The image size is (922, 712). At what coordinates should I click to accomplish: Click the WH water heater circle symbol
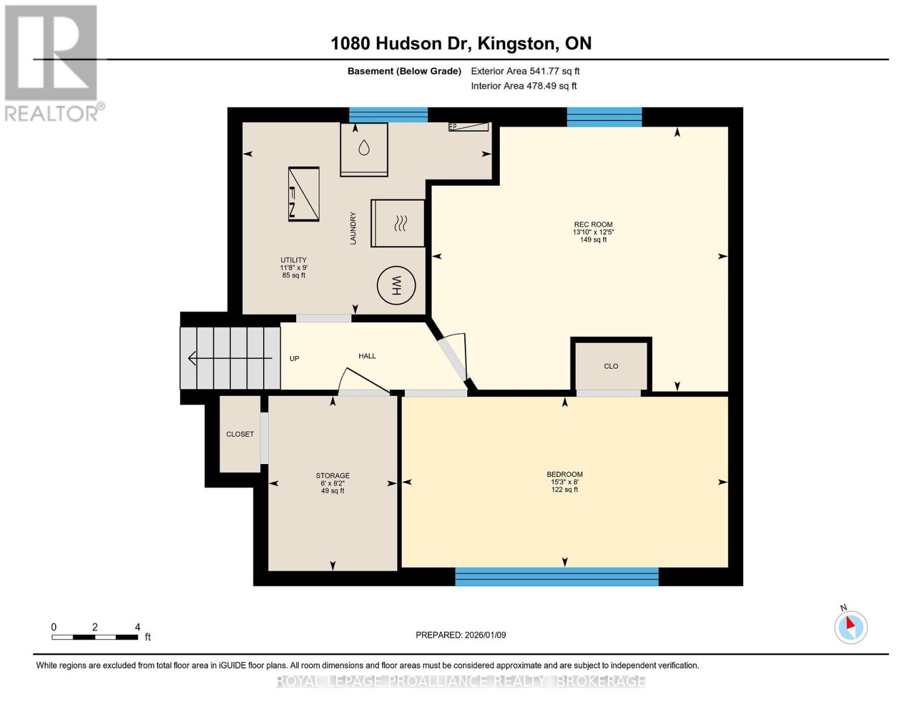[x=396, y=286]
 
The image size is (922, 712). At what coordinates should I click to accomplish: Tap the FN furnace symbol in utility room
[x=303, y=194]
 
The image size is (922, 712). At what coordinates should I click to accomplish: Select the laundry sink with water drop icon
[x=363, y=149]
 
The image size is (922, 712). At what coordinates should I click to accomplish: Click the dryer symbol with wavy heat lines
[x=398, y=223]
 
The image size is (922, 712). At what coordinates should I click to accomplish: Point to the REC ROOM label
[x=593, y=225]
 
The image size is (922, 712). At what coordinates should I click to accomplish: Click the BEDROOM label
[x=564, y=474]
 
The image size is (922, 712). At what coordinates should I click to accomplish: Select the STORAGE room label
[x=332, y=476]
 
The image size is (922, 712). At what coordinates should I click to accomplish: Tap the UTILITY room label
[x=293, y=260]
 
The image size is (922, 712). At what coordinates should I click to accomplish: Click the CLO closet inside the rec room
[x=611, y=366]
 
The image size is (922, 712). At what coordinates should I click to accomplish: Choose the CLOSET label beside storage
[x=240, y=434]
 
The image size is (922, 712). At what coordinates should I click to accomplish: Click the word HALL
[x=367, y=356]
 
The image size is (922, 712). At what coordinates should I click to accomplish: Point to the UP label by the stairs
[x=294, y=358]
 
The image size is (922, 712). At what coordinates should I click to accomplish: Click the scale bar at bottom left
[x=95, y=637]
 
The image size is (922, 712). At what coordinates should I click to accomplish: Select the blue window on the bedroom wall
[x=556, y=576]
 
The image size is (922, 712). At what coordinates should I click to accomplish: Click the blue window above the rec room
[x=604, y=116]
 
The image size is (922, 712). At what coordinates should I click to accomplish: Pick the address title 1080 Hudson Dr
[x=461, y=43]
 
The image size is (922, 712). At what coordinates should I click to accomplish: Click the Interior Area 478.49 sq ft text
[x=524, y=86]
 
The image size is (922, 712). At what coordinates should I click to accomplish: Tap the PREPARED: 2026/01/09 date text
[x=461, y=635]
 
